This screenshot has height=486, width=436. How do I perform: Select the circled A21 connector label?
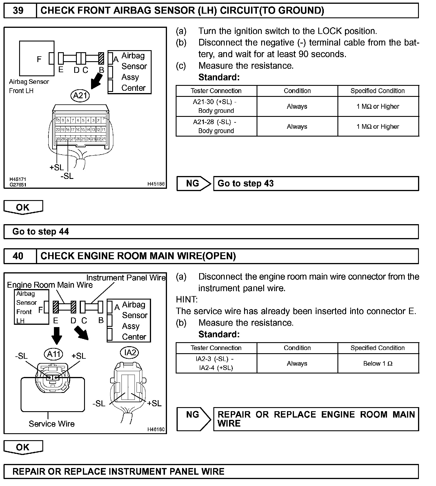(x=80, y=95)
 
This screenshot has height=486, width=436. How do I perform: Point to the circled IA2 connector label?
(x=130, y=352)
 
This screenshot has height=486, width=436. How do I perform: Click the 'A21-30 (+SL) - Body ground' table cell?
(x=216, y=106)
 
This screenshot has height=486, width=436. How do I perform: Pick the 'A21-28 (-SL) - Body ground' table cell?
(x=216, y=126)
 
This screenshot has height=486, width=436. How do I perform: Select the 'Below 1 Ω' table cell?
(x=378, y=364)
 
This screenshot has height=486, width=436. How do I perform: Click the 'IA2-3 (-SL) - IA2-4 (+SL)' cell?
(x=216, y=364)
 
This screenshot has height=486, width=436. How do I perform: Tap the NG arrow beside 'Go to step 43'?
(x=194, y=184)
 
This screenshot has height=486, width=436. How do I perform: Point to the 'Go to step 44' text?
(x=41, y=232)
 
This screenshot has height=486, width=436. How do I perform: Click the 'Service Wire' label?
(x=52, y=424)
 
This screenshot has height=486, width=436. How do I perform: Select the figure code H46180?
(x=156, y=429)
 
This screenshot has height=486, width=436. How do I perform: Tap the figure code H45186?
(x=156, y=184)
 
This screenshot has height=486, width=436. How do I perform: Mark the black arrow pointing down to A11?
(x=57, y=336)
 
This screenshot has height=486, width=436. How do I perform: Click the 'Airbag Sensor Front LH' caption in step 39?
(x=29, y=86)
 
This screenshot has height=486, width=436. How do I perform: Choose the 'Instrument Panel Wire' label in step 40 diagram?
(x=126, y=278)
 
